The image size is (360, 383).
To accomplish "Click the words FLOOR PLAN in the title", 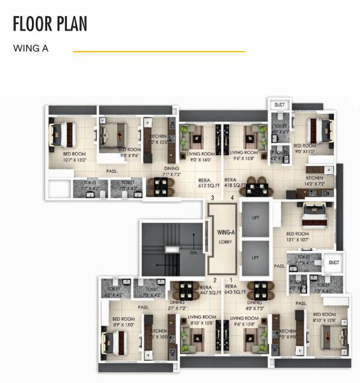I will point(50,24).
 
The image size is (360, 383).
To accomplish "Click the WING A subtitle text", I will point(31,49).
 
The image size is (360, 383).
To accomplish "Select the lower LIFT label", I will point(255,257).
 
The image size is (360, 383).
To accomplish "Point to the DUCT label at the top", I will point(279,105).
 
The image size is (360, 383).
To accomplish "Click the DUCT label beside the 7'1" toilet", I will point(333,262).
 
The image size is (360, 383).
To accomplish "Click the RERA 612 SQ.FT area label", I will point(204,183).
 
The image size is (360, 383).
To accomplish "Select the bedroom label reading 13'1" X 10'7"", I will point(298,237).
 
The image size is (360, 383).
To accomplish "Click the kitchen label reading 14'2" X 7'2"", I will point(315,181).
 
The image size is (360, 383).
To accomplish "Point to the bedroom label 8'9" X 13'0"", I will point(123,322).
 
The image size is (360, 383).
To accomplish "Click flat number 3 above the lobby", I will point(213,199).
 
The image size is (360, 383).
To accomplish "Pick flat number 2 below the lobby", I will point(214,280).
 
